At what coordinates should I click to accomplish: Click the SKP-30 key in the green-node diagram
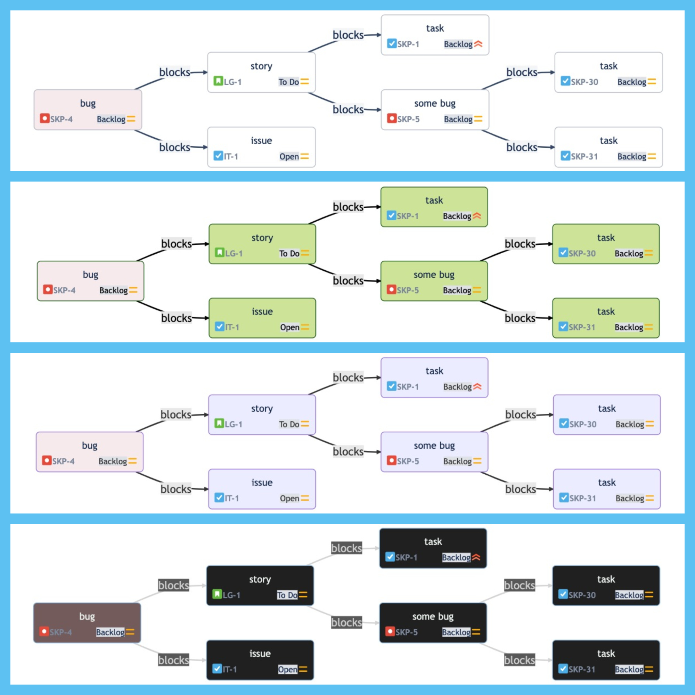pyautogui.click(x=582, y=253)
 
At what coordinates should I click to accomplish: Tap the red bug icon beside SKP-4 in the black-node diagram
pyautogui.click(x=44, y=631)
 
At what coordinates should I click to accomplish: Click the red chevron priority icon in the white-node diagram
pyautogui.click(x=478, y=44)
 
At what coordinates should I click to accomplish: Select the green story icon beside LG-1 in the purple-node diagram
pyautogui.click(x=219, y=423)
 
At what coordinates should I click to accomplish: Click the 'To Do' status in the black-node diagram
pyautogui.click(x=287, y=595)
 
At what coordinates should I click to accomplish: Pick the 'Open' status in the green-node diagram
pyautogui.click(x=289, y=327)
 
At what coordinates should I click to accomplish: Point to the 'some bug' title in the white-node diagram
pyautogui.click(x=435, y=104)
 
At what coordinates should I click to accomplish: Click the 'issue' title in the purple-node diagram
pyautogui.click(x=262, y=482)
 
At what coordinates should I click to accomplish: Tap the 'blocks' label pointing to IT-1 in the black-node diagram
pyautogui.click(x=174, y=660)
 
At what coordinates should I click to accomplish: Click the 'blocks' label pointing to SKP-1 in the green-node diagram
pyautogui.click(x=348, y=207)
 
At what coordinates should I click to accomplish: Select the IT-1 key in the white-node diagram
pyautogui.click(x=231, y=156)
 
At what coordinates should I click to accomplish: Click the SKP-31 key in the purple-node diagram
pyautogui.click(x=583, y=498)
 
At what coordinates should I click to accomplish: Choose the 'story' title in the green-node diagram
pyautogui.click(x=262, y=238)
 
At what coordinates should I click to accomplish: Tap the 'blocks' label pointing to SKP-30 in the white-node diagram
pyautogui.click(x=522, y=72)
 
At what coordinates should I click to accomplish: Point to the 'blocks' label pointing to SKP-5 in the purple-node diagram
pyautogui.click(x=348, y=451)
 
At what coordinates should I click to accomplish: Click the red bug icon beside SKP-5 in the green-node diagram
pyautogui.click(x=391, y=289)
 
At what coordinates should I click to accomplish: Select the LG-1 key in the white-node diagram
pyautogui.click(x=233, y=82)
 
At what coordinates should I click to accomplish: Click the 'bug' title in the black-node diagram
pyautogui.click(x=87, y=616)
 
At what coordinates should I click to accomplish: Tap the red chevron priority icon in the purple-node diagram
pyautogui.click(x=477, y=387)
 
